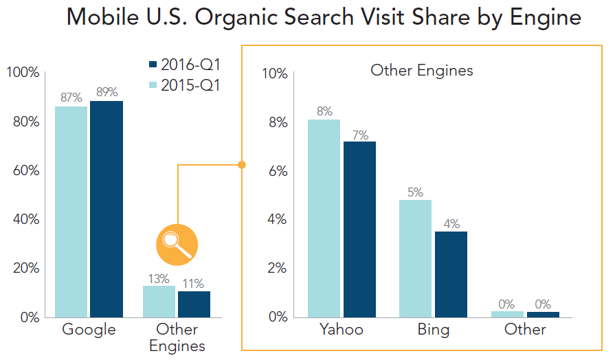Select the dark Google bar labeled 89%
107,209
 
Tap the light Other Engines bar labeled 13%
159,302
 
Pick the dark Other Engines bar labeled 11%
194,304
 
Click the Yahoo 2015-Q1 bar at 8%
324,218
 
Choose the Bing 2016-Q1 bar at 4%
451,274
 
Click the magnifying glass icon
177,244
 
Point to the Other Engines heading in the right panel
421,70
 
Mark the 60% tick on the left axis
25,170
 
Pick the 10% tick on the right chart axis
275,74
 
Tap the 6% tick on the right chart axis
278,171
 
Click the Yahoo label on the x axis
341,330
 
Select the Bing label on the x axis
434,330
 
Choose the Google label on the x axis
89,330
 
